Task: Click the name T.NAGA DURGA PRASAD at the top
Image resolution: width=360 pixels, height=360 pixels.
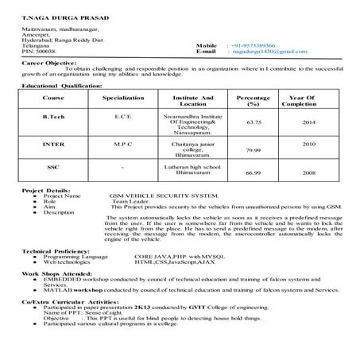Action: [x=56, y=17]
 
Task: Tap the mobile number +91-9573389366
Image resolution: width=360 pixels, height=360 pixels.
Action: [x=253, y=46]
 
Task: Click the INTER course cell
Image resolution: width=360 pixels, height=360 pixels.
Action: [x=53, y=145]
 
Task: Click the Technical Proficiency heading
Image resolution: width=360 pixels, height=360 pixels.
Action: [x=56, y=251]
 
